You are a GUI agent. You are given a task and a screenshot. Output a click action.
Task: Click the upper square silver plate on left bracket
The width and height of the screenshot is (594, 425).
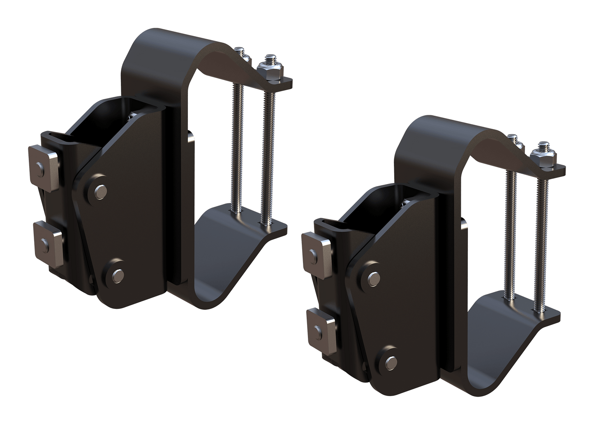(x=44, y=168)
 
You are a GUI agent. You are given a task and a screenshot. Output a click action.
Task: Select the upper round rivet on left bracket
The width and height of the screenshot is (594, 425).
(x=100, y=191)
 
